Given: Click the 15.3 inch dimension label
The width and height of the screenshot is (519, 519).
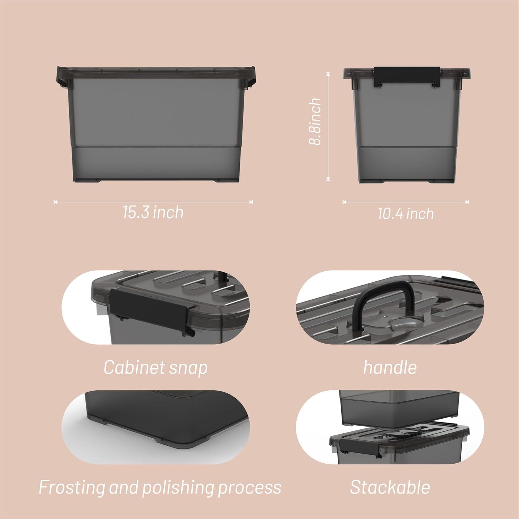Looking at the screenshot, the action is tap(153, 212).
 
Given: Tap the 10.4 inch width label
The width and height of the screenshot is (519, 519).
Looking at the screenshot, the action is tap(406, 214).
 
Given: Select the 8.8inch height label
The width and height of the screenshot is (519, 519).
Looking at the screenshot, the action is tap(315, 121).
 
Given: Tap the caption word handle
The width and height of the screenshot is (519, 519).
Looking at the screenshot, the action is tap(390, 367).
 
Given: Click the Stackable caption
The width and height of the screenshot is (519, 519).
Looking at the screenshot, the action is tap(390, 487).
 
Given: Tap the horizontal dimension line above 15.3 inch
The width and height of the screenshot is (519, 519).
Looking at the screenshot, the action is tap(153, 202).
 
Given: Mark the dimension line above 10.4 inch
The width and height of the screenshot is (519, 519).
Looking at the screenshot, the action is tap(406, 202).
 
